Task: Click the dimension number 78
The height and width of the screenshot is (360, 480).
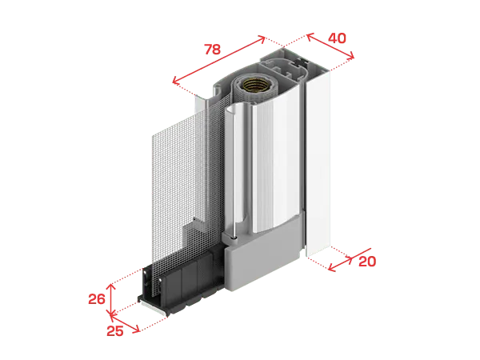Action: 213,50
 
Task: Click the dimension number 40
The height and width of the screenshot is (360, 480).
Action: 337,38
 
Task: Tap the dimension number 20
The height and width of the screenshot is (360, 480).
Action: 367,262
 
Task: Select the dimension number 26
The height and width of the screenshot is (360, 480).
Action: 97,299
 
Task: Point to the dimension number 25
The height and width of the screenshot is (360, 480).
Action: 115,331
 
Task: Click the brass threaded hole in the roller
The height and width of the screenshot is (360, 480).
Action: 255,85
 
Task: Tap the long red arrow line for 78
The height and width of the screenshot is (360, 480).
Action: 218,60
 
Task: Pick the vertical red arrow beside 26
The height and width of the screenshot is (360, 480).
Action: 111,300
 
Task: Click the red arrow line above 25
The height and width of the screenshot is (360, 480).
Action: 125,323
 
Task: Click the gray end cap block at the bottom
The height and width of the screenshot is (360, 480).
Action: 262,254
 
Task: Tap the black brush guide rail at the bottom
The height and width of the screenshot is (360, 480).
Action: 181,280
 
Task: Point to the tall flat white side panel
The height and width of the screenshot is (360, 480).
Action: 318,163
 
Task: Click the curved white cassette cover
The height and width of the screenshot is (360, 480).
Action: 274,159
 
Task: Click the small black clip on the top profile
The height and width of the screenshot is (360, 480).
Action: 302,62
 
